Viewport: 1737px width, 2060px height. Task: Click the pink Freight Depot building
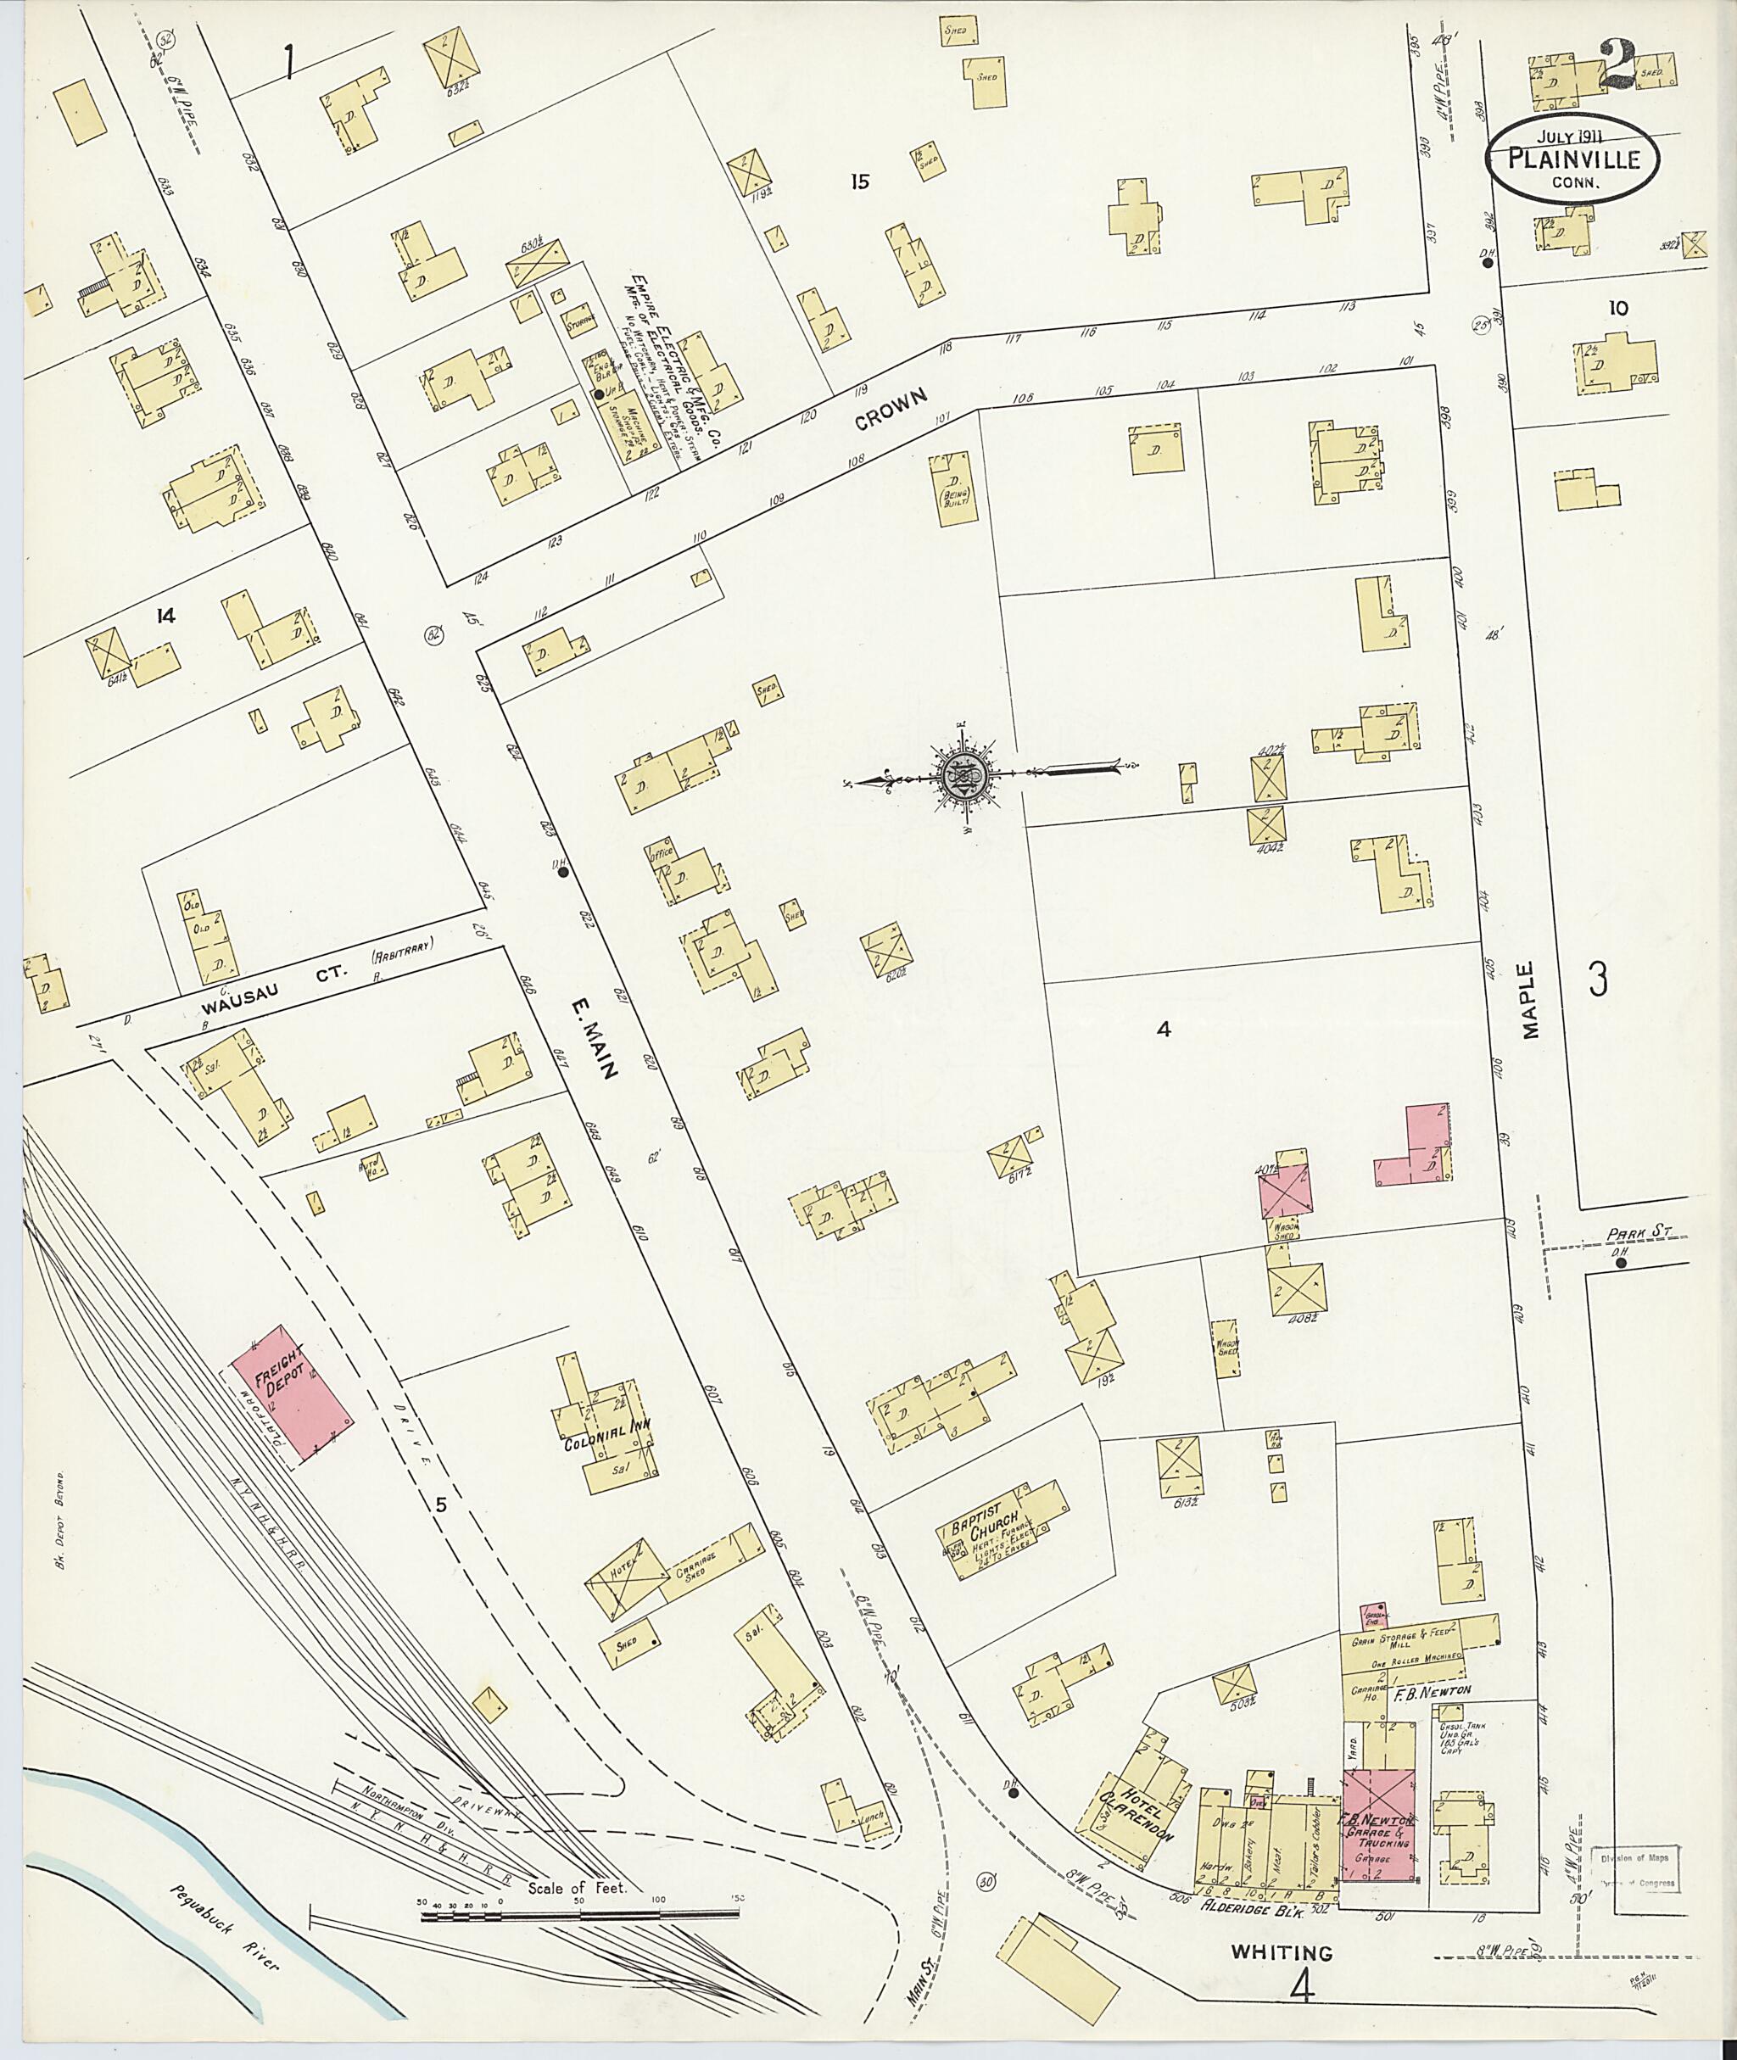[x=293, y=1399]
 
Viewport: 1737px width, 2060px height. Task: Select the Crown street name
[x=892, y=409]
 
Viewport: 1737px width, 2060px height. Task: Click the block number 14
[x=165, y=617]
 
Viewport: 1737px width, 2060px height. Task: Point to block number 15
[x=861, y=181]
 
